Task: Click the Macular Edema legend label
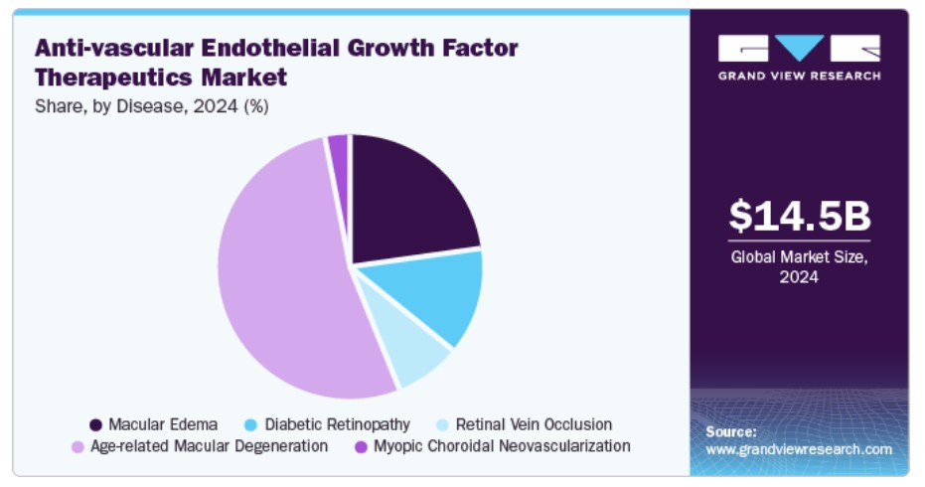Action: (162, 424)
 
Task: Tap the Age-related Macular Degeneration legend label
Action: (209, 446)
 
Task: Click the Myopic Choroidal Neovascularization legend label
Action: (502, 446)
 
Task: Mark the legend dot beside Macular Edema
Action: (95, 424)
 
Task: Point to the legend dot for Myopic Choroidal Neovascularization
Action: (360, 446)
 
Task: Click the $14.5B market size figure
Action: (799, 217)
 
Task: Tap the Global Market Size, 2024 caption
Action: (799, 266)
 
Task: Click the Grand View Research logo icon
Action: (799, 48)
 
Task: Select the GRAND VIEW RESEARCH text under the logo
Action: (799, 76)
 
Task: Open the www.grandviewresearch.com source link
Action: (799, 449)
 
